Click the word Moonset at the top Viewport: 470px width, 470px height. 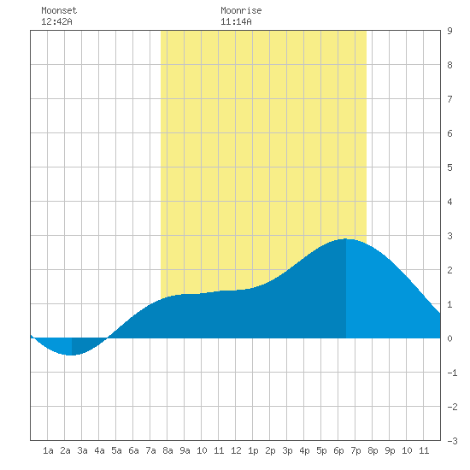pyautogui.click(x=59, y=10)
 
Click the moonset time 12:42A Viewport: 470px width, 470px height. pyautogui.click(x=56, y=21)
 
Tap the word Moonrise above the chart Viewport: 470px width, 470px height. pyautogui.click(x=241, y=10)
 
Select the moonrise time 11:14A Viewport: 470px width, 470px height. pyautogui.click(x=236, y=21)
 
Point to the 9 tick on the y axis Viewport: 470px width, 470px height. pyautogui.click(x=449, y=31)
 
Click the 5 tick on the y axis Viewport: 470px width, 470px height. pyautogui.click(x=449, y=167)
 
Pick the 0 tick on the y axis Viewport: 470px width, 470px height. pyautogui.click(x=449, y=338)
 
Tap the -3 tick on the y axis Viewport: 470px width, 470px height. pyautogui.click(x=452, y=441)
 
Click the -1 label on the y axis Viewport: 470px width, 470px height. pyautogui.click(x=452, y=373)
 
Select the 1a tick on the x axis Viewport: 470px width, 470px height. pyautogui.click(x=48, y=450)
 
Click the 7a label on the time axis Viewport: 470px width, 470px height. pyautogui.click(x=150, y=450)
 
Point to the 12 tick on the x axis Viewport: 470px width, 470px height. pyautogui.click(x=236, y=450)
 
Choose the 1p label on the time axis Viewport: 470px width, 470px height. pyautogui.click(x=253, y=450)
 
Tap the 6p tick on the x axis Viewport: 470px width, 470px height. pyautogui.click(x=338, y=450)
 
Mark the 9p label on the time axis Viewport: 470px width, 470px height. pyautogui.click(x=390, y=450)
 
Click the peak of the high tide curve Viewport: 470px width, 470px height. pyautogui.click(x=346, y=239)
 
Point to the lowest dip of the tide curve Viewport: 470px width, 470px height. pyautogui.click(x=72, y=355)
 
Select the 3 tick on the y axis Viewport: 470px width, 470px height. pyautogui.click(x=449, y=236)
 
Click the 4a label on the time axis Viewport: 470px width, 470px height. pyautogui.click(x=99, y=450)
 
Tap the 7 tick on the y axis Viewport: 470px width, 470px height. pyautogui.click(x=449, y=99)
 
